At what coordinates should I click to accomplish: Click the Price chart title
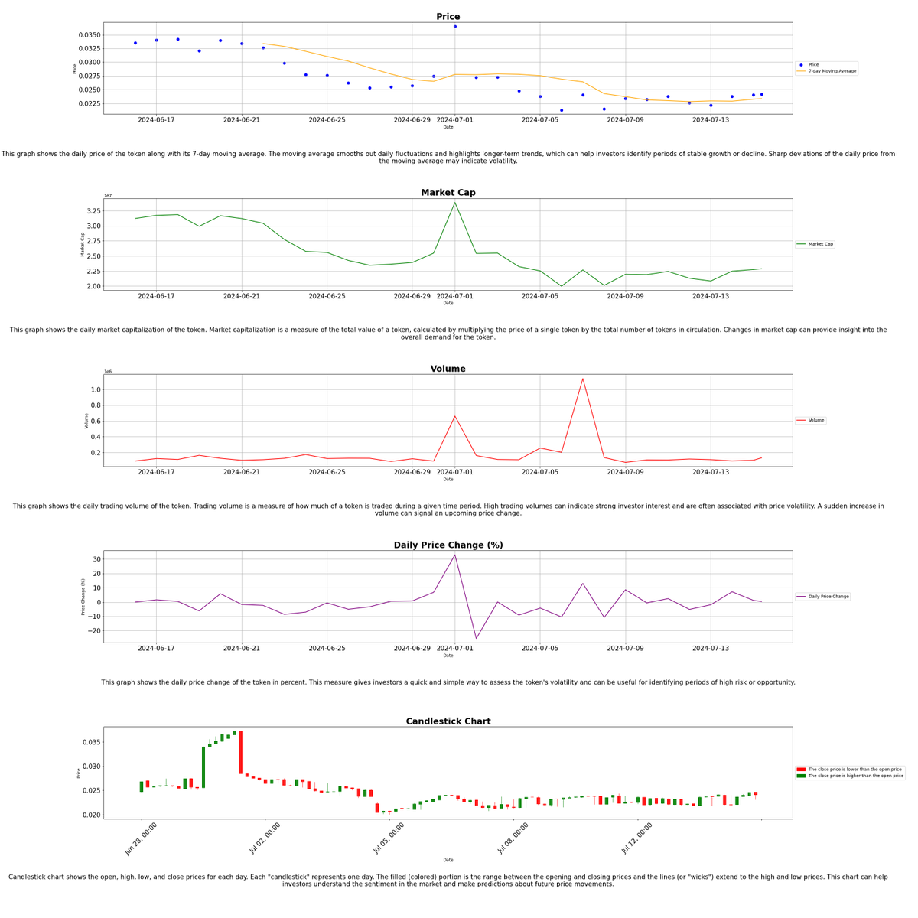coord(448,17)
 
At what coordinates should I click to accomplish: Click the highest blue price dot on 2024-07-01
coord(455,27)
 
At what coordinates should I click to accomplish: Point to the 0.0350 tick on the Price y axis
coord(90,35)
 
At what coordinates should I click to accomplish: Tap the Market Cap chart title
coord(448,193)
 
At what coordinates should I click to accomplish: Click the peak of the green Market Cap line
coord(455,202)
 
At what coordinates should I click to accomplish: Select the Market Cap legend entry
coord(821,244)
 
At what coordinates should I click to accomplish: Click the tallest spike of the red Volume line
coord(583,379)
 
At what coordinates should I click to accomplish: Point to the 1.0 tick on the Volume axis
coord(96,390)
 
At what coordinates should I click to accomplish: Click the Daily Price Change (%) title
coord(448,545)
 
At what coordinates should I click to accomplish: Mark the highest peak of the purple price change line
coord(455,555)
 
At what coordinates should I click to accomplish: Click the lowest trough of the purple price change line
coord(476,639)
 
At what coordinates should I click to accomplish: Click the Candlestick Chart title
coord(448,721)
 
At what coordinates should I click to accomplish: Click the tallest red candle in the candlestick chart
coord(240,753)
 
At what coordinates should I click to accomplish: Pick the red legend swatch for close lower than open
coord(801,770)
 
